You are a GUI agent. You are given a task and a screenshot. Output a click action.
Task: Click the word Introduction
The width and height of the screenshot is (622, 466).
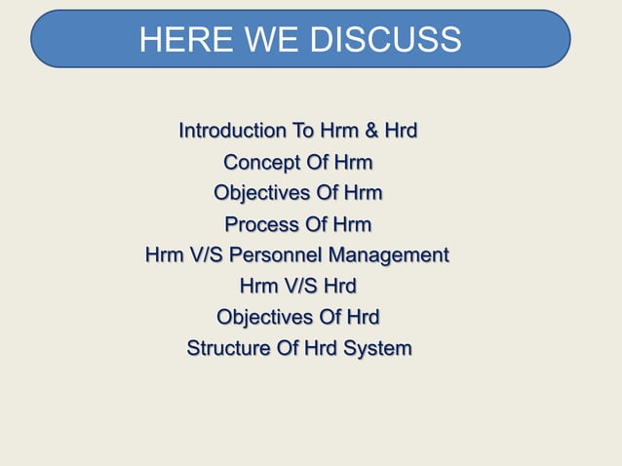(x=233, y=131)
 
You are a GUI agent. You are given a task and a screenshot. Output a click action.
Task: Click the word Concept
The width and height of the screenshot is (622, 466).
(x=259, y=162)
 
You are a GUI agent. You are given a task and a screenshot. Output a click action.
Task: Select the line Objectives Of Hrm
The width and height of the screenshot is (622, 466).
(x=297, y=193)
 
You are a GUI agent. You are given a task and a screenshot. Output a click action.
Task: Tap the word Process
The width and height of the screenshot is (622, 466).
(x=261, y=224)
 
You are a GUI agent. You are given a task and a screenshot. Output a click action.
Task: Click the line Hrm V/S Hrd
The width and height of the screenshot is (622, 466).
(x=297, y=287)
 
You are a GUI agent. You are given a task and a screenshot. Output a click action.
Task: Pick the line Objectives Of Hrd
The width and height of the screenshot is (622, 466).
(x=297, y=318)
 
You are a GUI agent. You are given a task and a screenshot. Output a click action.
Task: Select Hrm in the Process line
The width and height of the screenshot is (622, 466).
(x=352, y=224)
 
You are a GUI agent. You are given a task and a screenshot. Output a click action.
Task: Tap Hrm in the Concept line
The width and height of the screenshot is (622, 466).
(x=353, y=162)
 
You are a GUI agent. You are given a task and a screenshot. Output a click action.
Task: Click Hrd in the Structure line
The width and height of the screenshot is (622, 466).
(x=320, y=349)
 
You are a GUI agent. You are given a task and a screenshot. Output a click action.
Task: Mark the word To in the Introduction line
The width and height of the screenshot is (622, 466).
(x=304, y=131)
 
